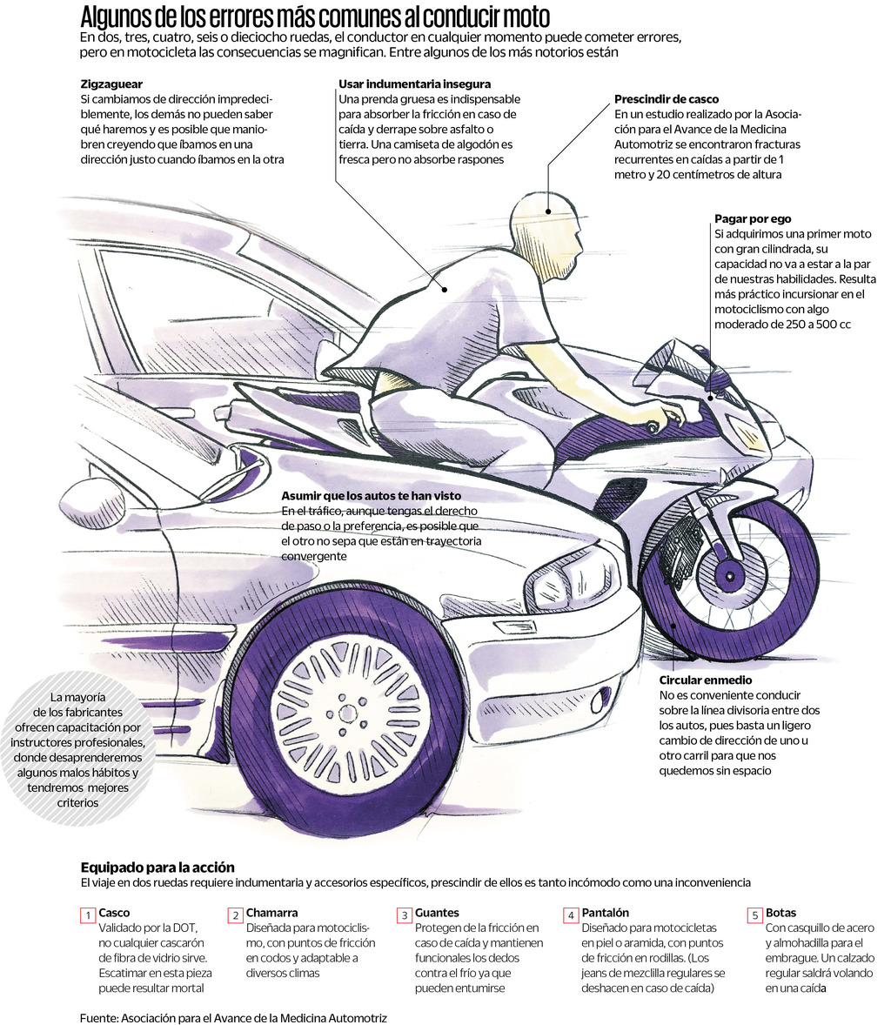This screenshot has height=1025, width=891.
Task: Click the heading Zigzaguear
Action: pos(111,84)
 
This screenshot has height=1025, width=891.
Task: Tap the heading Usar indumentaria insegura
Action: pos(414,84)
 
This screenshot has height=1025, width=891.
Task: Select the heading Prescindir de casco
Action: pos(666,100)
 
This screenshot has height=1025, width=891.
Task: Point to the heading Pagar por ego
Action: pos(753,219)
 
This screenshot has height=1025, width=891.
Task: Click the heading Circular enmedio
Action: pos(705,680)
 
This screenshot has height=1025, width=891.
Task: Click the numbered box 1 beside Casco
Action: pos(87,915)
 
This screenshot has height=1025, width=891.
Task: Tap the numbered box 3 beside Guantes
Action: pos(405,915)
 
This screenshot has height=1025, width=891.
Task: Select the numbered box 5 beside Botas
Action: pos(754,915)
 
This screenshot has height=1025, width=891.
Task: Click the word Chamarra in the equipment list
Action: pos(271,913)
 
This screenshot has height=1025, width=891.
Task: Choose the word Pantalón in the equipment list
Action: pos(605,913)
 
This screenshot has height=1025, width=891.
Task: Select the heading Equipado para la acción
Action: pos(157,868)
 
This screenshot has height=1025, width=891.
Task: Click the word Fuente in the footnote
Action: pos(97,1017)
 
